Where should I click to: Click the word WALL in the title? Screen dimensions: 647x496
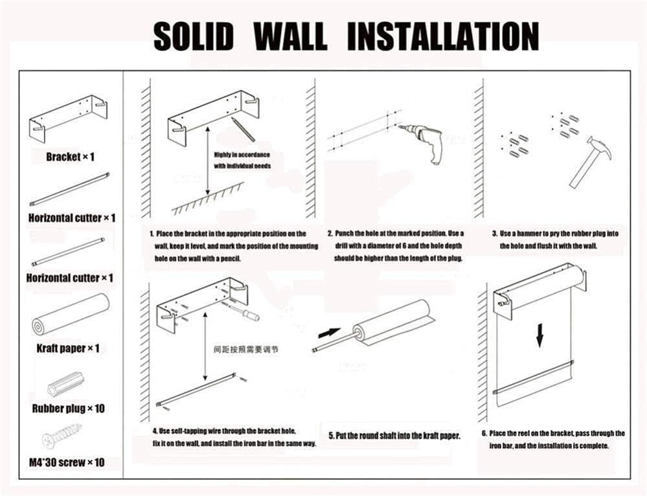click(291, 36)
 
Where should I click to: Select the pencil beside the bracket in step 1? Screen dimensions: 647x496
click(243, 129)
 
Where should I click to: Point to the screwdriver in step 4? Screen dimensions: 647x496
click(244, 310)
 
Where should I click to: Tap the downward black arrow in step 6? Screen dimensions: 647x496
click(539, 335)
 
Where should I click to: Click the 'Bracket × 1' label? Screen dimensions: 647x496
click(71, 157)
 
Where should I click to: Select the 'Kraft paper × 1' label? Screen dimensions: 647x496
click(68, 348)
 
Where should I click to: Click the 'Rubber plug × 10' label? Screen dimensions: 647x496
click(69, 409)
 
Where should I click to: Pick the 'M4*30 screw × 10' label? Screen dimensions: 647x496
click(67, 462)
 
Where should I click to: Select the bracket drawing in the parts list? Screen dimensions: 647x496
click(68, 119)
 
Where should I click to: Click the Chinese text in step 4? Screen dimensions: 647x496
click(246, 350)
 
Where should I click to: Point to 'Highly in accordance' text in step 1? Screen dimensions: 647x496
click(242, 155)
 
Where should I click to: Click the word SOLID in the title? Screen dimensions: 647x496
click(193, 36)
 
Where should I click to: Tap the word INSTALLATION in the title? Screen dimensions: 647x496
click(443, 36)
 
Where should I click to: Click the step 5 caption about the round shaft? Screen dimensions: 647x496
click(394, 436)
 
